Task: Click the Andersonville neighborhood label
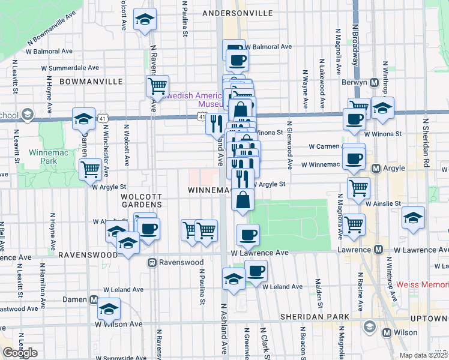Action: [x=238, y=13]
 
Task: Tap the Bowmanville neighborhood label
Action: [x=91, y=81]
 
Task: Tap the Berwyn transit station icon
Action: [x=374, y=82]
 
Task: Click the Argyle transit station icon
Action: [x=377, y=169]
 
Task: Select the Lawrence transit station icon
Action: [x=379, y=250]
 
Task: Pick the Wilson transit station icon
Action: [x=387, y=332]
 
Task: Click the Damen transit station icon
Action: [x=94, y=299]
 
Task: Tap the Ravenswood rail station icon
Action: [x=153, y=262]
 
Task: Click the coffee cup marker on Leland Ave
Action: [x=256, y=272]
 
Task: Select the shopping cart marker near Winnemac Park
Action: [x=91, y=169]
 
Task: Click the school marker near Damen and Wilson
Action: [x=109, y=309]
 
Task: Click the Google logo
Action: [x=20, y=353]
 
